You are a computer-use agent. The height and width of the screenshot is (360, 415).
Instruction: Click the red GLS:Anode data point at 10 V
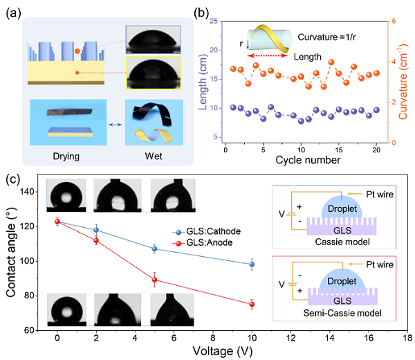252,305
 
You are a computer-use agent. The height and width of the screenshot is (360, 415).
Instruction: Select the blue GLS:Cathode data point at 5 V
154,249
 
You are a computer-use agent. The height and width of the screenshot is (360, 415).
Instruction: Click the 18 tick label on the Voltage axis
407,338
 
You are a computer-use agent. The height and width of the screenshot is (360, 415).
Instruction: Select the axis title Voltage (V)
222,351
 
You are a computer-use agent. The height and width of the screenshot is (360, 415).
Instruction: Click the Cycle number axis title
308,160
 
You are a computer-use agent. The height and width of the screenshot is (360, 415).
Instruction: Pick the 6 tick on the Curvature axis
394,21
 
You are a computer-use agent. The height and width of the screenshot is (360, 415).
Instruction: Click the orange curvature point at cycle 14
331,62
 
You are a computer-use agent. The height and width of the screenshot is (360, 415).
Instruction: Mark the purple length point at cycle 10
301,121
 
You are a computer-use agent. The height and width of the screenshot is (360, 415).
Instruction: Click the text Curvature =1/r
326,37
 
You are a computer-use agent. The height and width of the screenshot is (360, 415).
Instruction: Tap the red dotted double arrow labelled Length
267,55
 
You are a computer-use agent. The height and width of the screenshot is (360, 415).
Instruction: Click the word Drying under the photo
66,156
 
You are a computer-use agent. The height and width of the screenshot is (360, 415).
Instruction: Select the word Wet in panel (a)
154,156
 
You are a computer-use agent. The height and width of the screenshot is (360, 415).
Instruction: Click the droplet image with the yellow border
154,73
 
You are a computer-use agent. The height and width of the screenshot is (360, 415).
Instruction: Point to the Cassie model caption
342,242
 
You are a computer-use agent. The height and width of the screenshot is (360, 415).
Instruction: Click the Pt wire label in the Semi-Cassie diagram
380,264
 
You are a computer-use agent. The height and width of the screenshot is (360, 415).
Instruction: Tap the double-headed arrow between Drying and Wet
116,125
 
